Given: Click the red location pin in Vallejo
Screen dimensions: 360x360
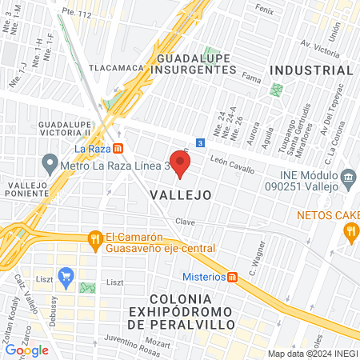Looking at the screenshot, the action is (181, 165).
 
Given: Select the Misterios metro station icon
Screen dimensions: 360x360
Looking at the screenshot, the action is (231, 277).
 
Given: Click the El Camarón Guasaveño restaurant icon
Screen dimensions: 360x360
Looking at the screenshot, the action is (95, 238).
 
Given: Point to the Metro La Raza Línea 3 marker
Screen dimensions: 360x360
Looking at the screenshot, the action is (50, 167).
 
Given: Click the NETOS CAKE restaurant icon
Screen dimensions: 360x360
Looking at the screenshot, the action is (350, 232).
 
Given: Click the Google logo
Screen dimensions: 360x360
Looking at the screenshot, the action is (27, 350).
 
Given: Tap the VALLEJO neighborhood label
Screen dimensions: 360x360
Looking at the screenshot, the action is (180, 194).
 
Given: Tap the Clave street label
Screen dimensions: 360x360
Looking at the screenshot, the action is (186, 221).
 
